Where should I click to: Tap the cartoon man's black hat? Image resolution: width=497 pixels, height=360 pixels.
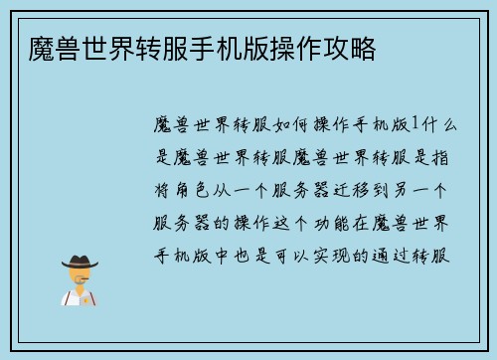[80, 262]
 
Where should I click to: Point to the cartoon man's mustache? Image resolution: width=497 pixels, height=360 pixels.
[81, 279]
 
